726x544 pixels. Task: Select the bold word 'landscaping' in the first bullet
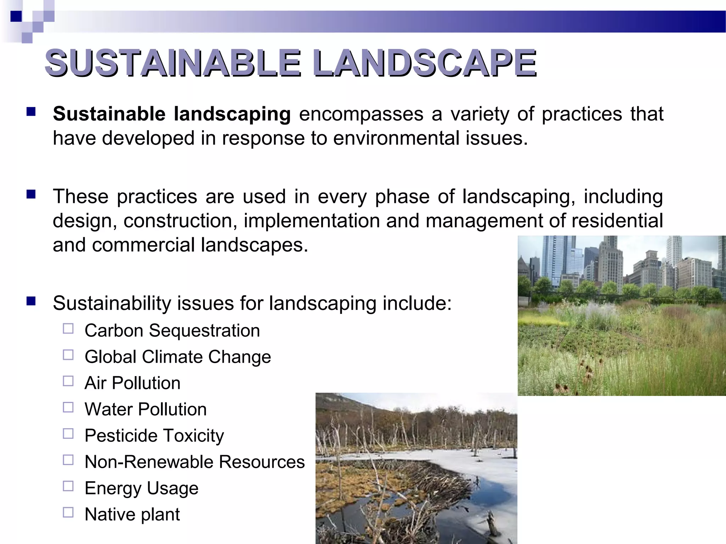(x=232, y=114)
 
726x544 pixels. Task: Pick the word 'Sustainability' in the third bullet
(x=113, y=303)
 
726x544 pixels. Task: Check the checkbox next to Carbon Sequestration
(x=68, y=329)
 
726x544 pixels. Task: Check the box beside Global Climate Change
(x=68, y=355)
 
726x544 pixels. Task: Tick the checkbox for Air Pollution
(x=68, y=381)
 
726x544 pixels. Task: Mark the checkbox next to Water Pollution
(x=68, y=407)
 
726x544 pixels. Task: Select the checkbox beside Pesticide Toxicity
(x=68, y=433)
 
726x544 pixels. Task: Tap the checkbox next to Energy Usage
(x=68, y=486)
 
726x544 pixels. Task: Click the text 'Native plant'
(x=132, y=514)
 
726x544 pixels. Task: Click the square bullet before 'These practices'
(x=31, y=194)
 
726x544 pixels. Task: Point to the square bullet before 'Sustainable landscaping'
(x=31, y=112)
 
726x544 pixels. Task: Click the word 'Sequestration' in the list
(x=204, y=331)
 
